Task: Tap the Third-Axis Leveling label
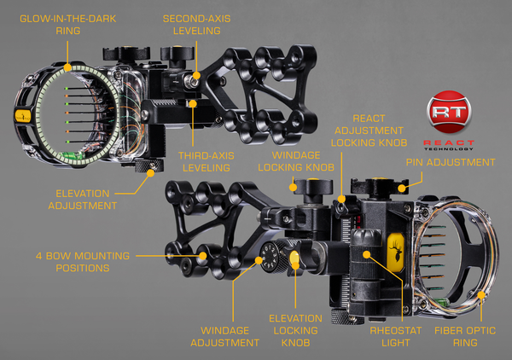pos(204,162)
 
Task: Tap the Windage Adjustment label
pos(230,335)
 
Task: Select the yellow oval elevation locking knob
pos(295,259)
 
